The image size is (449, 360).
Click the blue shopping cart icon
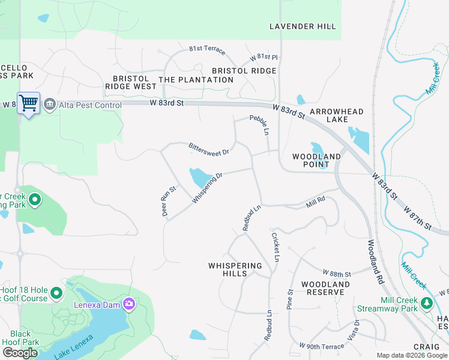pos(28,103)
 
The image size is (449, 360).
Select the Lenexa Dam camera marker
pos(128,304)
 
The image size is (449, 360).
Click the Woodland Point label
pos(316,160)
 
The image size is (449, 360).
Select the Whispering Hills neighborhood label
pos(235,269)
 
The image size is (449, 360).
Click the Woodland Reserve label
pos(325,288)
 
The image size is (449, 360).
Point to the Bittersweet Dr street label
pos(209,149)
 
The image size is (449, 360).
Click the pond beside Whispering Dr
pos(199,178)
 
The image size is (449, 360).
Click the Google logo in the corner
pos(20,353)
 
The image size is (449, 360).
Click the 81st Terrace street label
pos(207,48)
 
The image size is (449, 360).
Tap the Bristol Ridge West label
pos(130,82)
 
